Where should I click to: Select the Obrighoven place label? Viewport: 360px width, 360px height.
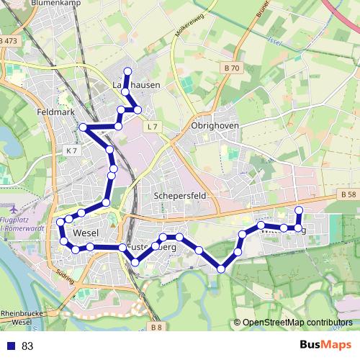[x=215, y=125]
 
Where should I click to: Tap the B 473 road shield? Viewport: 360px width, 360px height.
[x=10, y=41]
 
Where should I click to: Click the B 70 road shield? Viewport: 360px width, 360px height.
[x=230, y=68]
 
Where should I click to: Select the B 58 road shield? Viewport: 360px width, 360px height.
[x=347, y=194]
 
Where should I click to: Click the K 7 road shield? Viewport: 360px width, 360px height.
[x=70, y=150]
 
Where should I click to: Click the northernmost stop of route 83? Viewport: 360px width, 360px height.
[x=128, y=71]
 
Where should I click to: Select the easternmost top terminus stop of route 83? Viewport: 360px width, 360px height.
[x=299, y=210]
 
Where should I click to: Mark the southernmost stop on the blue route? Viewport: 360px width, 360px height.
[x=221, y=269]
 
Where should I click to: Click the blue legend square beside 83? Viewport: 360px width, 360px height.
[x=11, y=346]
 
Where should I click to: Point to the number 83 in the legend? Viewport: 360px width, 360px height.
[x=27, y=346]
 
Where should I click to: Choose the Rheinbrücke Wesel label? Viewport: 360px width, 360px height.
[x=21, y=318]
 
